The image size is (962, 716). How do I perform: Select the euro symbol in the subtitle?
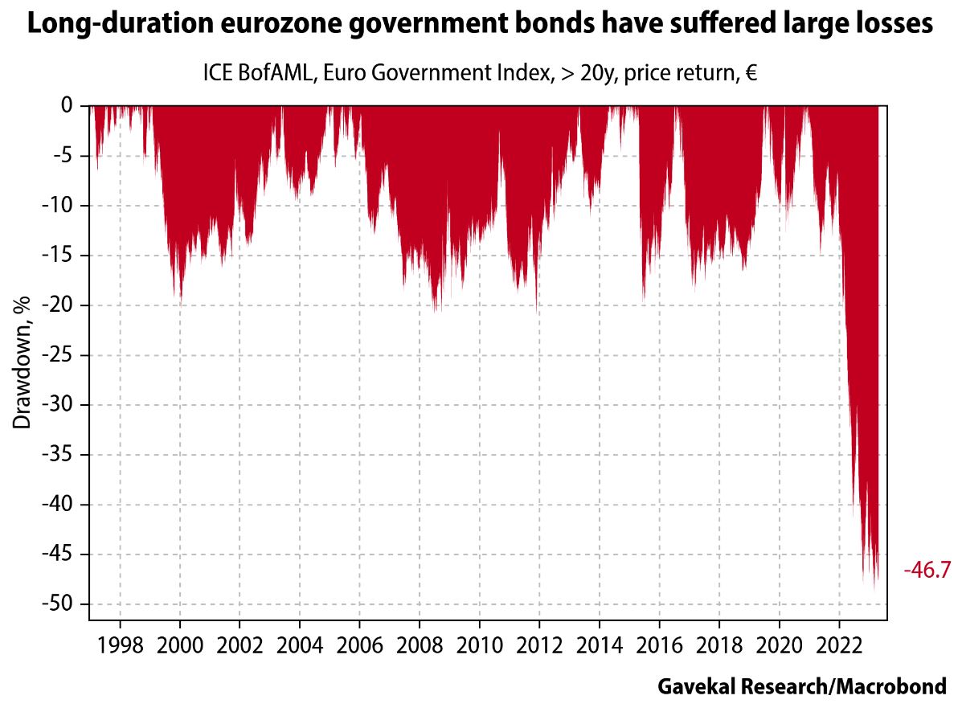751,74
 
